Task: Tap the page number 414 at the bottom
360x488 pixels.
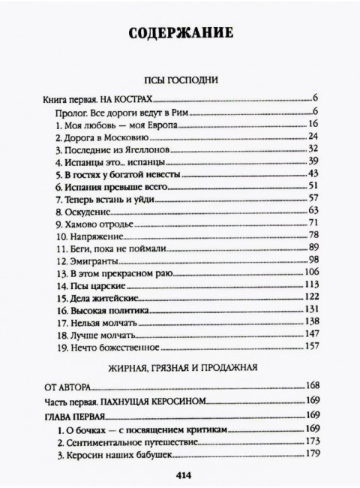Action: (180, 473)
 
